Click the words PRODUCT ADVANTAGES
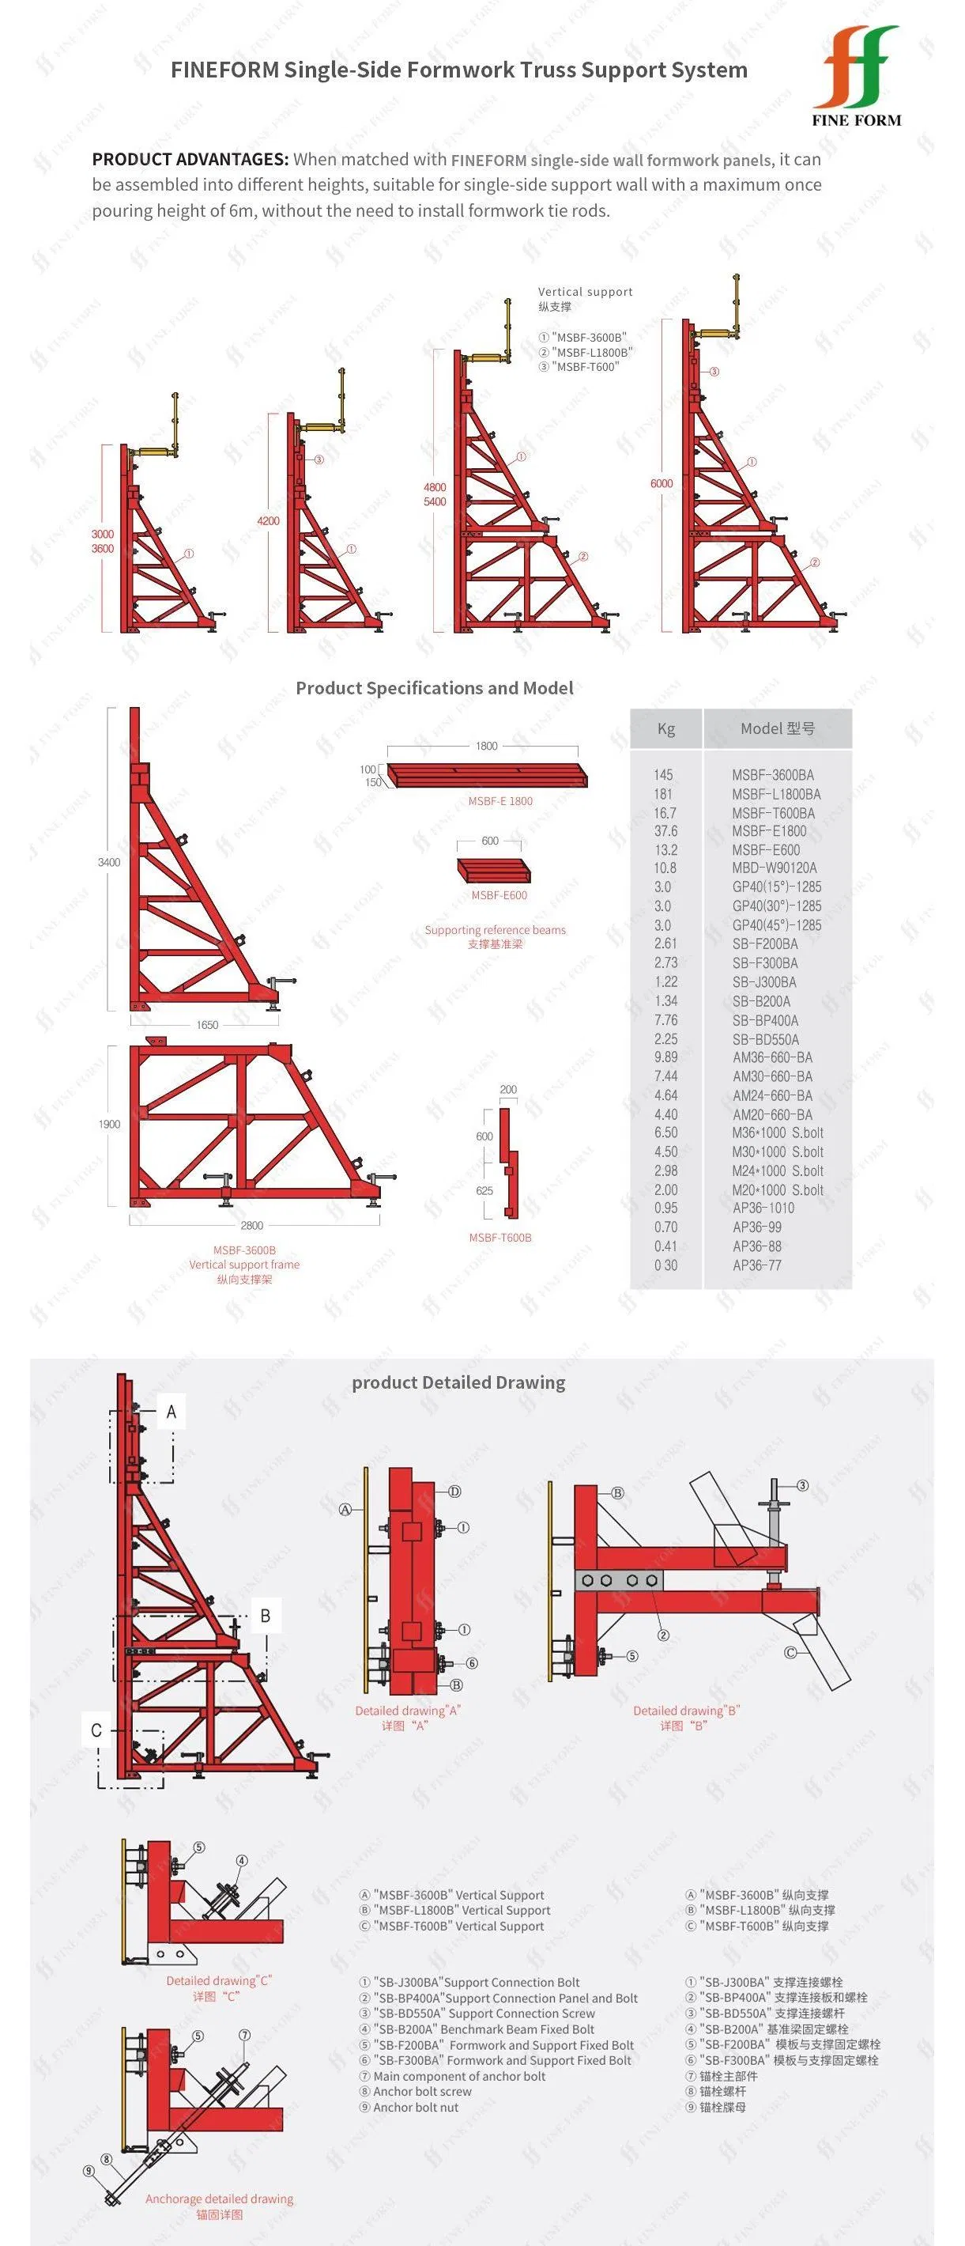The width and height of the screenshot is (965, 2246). point(190,160)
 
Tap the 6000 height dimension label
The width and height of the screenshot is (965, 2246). point(662,483)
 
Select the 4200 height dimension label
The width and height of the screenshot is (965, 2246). point(269,520)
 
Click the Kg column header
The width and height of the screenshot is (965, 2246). point(666,729)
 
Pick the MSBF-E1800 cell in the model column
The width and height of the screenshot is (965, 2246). point(769,831)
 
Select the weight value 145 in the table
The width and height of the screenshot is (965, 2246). point(663,774)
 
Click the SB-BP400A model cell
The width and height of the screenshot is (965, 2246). point(765,1020)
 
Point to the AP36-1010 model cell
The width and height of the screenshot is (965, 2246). point(763,1208)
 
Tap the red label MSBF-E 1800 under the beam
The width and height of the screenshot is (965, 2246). point(500,801)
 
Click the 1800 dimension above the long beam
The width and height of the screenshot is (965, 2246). point(486,747)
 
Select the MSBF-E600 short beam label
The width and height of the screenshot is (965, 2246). point(499,895)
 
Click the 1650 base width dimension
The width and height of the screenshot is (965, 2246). point(208,1026)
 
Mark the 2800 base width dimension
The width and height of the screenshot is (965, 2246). point(252,1225)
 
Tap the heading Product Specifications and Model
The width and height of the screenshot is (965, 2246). point(434,688)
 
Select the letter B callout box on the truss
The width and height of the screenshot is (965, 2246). point(266,1616)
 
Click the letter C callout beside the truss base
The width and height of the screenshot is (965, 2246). point(96,1730)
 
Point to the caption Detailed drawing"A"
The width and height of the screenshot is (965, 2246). point(407,1711)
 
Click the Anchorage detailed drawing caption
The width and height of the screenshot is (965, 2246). point(220,2199)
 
